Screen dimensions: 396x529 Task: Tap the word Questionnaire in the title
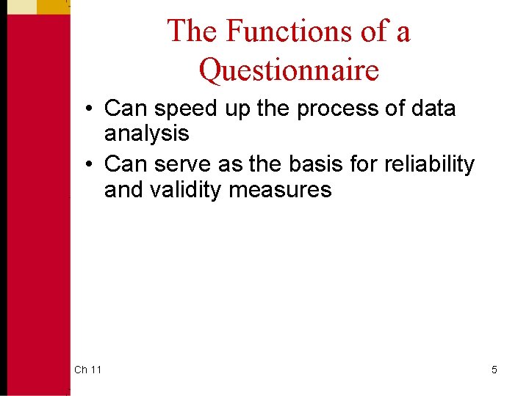coord(289,70)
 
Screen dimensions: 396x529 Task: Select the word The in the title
coord(193,32)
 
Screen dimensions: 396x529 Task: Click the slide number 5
coord(494,370)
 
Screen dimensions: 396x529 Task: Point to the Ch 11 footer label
coord(88,370)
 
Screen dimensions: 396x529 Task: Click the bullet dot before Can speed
coord(87,109)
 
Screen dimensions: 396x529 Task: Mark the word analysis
coord(146,133)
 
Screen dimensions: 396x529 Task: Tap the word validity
coord(188,190)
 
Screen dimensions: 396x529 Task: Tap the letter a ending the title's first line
coord(402,33)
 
